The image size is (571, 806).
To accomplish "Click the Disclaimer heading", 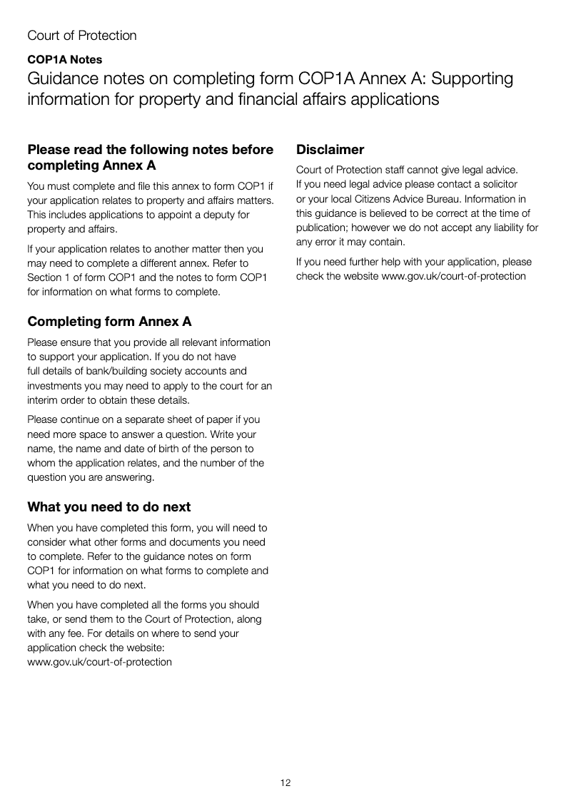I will point(330,150).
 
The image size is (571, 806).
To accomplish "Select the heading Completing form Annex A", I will point(109,322).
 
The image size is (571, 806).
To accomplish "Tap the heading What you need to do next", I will point(108,507).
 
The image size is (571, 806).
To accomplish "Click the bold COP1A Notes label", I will point(64,60).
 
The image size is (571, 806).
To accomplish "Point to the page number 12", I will point(285,783).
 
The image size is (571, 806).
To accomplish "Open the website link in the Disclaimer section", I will point(454,277).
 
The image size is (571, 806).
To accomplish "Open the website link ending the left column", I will point(99,662).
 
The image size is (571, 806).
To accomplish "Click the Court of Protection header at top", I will point(82,36).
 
